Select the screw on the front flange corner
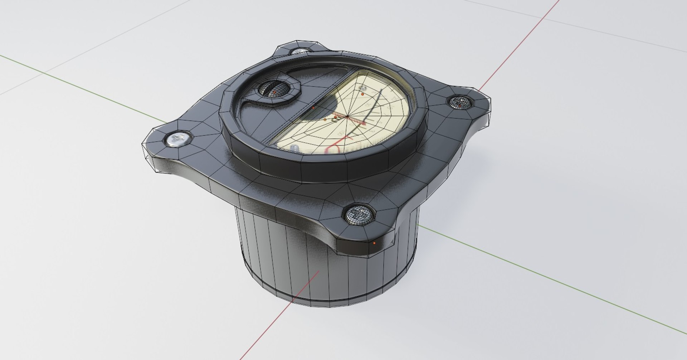359,215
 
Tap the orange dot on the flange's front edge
374,243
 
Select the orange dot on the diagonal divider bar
313,107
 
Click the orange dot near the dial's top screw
363,94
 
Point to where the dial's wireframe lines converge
347,116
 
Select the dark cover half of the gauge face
272,115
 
